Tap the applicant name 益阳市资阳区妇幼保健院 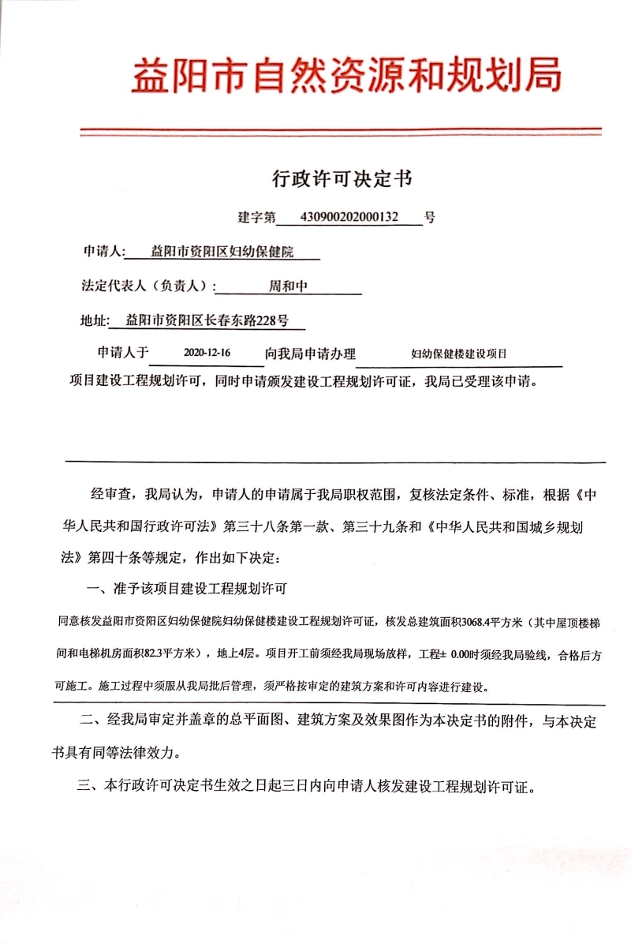[x=222, y=253]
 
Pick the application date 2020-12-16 [x=206, y=354]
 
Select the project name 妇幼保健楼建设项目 [x=458, y=355]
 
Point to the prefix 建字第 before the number [x=257, y=217]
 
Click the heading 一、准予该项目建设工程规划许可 [x=186, y=588]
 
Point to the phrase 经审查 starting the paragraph [x=113, y=495]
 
